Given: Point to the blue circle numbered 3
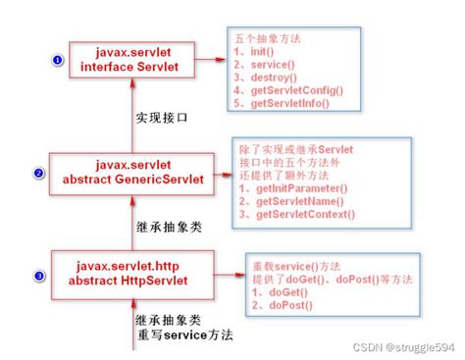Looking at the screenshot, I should (38, 276).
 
